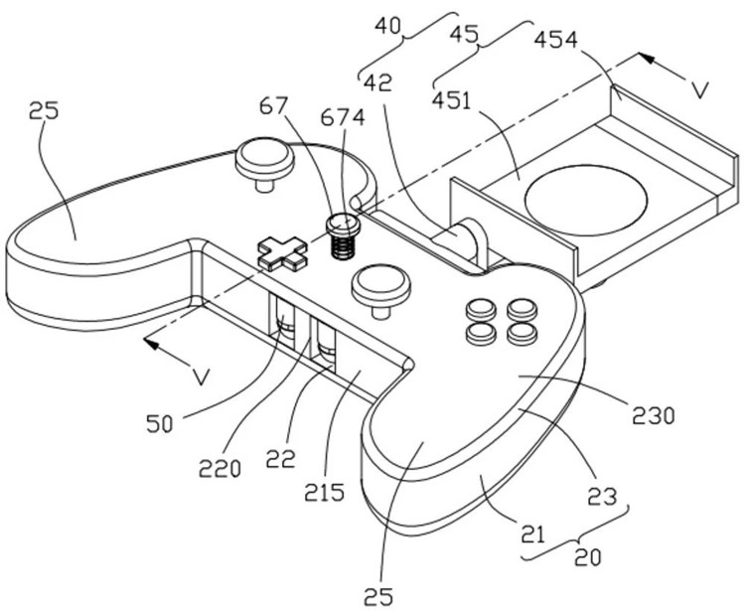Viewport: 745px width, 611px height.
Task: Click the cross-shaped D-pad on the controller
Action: (282, 252)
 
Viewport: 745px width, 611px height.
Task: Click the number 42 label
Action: (375, 80)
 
